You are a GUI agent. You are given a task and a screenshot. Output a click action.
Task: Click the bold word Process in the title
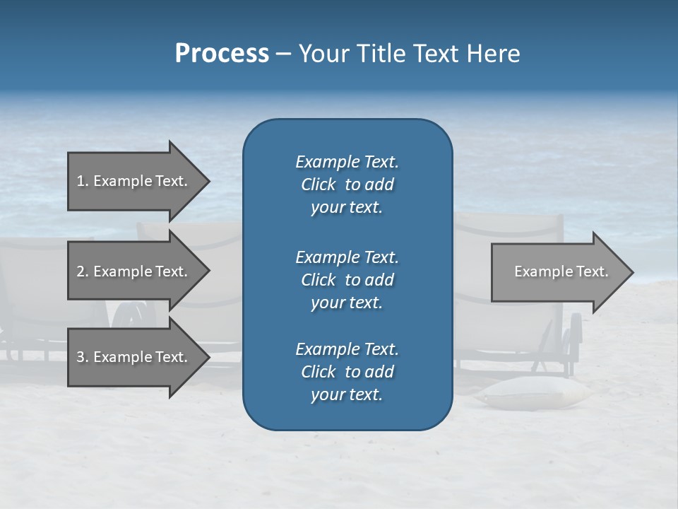coord(222,54)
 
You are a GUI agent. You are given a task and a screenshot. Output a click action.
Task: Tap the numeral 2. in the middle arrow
coord(83,271)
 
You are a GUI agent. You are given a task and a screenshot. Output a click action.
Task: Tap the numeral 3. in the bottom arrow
coord(83,357)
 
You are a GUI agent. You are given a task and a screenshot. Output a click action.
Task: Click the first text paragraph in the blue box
coord(347,185)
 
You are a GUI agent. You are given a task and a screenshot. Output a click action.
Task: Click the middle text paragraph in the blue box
coord(347,279)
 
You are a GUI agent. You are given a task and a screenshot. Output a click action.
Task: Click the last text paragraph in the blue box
coord(347,372)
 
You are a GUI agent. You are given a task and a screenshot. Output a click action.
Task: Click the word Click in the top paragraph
coord(318,185)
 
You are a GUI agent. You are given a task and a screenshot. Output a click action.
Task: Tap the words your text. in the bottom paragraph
coord(347,395)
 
